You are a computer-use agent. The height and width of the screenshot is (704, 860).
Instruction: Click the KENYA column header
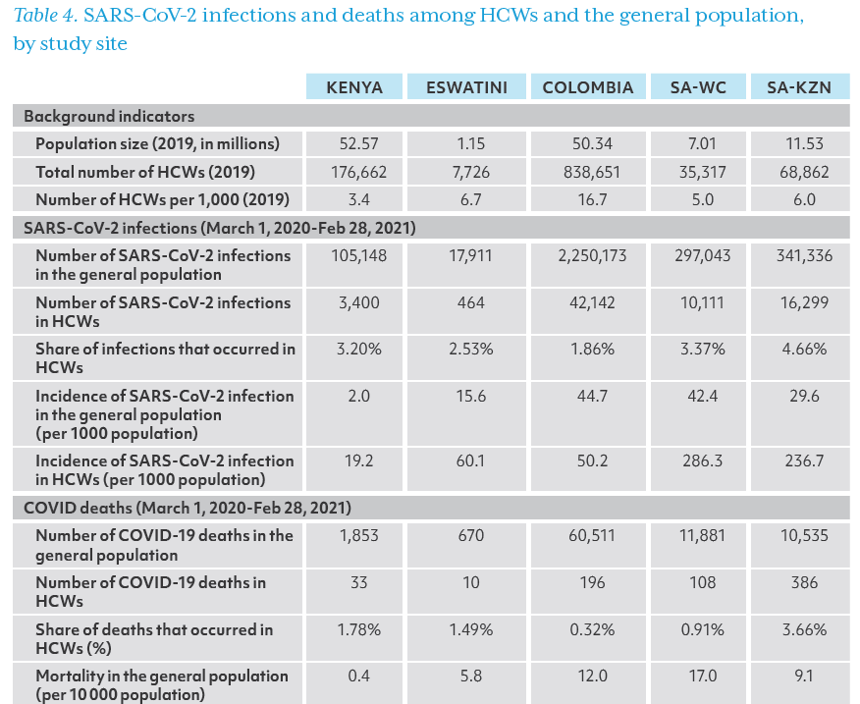(353, 87)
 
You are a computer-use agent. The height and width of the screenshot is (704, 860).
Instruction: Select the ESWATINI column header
(466, 87)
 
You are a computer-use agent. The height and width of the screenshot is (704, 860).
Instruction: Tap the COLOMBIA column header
(588, 87)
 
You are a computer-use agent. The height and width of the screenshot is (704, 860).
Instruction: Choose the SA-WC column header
(698, 87)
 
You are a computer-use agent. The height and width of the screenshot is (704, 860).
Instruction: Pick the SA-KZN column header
(798, 87)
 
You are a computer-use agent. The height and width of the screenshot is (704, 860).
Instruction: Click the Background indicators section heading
(109, 116)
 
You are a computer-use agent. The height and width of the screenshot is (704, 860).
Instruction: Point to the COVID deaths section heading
(187, 509)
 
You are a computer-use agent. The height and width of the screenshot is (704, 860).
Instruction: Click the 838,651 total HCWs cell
(592, 172)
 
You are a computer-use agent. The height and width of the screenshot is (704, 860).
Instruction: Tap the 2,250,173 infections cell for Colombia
(592, 255)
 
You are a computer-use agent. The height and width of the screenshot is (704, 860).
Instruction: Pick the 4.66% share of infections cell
(804, 350)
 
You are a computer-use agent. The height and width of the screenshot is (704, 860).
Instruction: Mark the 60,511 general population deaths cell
(592, 535)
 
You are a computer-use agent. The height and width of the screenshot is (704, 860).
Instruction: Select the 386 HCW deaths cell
(804, 582)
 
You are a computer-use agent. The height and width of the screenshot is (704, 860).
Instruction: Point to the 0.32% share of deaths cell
(592, 629)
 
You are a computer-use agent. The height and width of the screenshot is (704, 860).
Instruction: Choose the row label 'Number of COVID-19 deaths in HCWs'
(150, 591)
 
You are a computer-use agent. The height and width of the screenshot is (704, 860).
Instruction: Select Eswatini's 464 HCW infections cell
(471, 302)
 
